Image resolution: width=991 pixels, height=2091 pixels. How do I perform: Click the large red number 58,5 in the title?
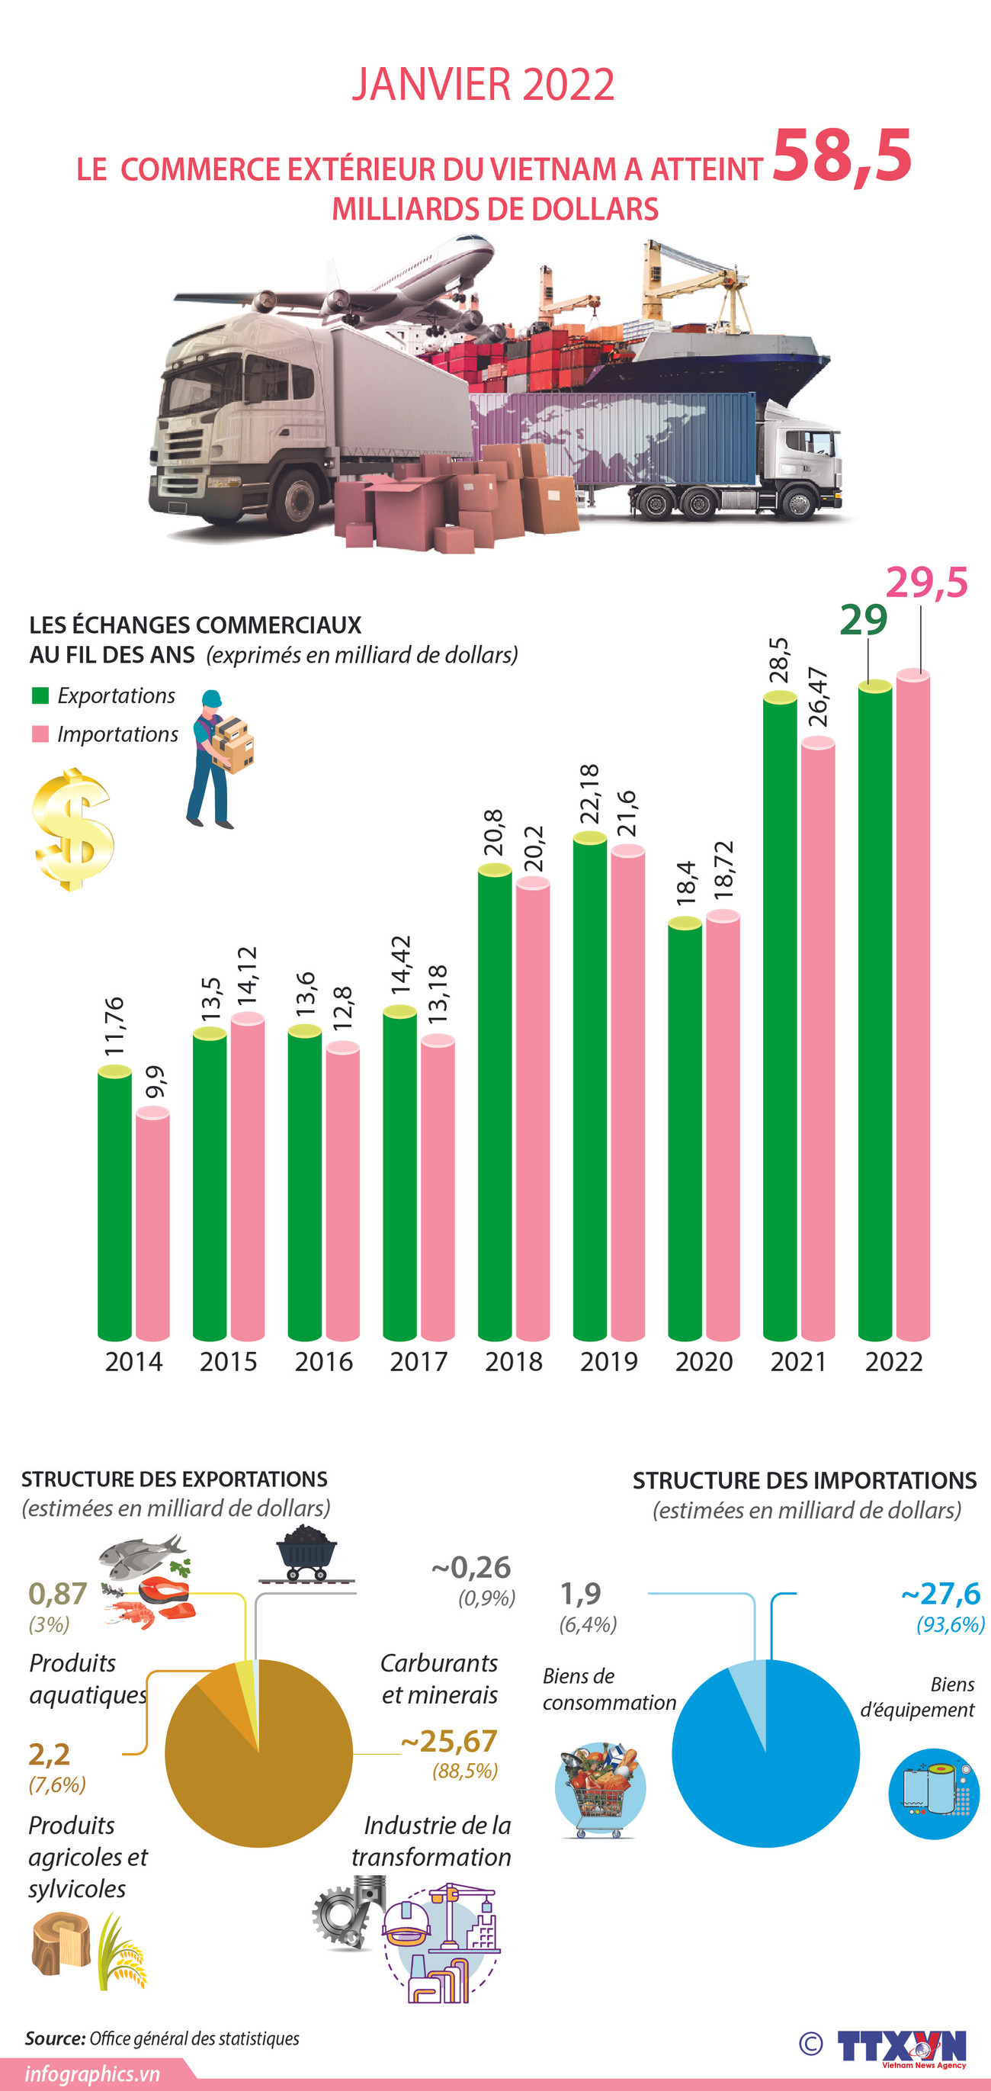(x=842, y=156)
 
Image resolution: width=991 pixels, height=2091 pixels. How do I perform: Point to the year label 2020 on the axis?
(x=704, y=1361)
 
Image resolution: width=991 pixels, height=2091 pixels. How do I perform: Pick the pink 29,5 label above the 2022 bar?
(x=926, y=583)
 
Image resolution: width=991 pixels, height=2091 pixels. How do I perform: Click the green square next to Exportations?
(x=40, y=695)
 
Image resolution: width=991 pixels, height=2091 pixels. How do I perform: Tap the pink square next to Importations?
(x=40, y=734)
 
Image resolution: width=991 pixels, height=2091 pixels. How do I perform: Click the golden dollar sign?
(x=72, y=830)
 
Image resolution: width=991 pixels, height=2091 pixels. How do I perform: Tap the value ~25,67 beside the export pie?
(x=449, y=1741)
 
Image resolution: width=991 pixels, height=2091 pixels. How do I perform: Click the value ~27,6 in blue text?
(x=941, y=1593)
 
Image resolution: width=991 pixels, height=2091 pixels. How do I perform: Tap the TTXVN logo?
(x=901, y=2046)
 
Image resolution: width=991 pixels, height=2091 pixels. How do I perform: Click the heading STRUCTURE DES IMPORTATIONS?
(x=804, y=1481)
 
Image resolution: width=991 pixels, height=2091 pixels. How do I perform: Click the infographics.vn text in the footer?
(x=91, y=2075)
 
